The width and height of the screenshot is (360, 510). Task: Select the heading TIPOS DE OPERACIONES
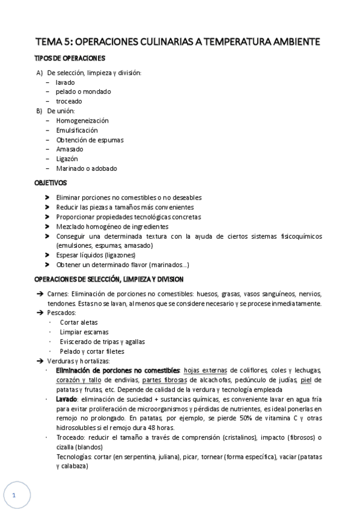70,58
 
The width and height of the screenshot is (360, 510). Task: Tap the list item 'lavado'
66,82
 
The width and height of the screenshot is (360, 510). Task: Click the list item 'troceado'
69,101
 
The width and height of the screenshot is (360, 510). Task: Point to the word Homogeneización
82,120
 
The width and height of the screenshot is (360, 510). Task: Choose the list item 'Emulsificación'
76,130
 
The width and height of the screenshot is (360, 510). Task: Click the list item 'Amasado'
69,149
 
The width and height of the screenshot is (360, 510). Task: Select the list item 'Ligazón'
67,159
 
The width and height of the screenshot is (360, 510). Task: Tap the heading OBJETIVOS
51,182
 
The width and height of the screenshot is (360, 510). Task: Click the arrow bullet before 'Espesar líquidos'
47,255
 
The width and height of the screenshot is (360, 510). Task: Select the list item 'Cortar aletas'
79,322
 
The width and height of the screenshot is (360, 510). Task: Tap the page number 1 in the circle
13,496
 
